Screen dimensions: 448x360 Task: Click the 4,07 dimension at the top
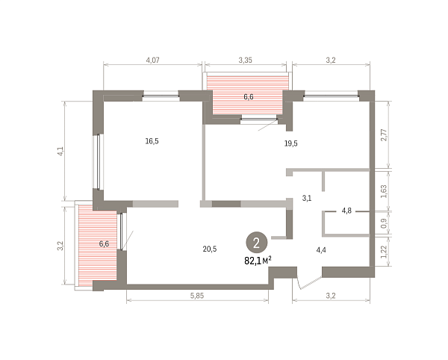152,60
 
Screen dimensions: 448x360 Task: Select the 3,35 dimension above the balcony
245,60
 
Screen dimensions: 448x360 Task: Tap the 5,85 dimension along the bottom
197,296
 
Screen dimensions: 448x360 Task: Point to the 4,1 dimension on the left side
60,151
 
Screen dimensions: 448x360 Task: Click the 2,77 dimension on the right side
384,135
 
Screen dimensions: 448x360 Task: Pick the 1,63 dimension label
384,191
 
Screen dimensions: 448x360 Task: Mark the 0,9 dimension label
384,223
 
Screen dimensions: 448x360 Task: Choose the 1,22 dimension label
384,252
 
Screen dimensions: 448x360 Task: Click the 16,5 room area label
152,141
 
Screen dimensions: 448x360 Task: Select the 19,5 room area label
291,143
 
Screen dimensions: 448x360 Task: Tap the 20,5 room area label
210,249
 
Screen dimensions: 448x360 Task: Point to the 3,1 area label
307,198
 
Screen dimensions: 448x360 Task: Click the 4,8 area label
346,211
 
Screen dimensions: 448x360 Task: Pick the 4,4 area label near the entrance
321,250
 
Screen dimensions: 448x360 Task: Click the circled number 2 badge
257,243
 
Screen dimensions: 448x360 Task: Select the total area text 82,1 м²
258,261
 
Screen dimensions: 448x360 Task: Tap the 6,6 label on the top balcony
249,97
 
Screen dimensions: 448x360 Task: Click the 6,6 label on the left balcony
104,244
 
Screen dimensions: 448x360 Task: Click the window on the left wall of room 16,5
98,162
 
